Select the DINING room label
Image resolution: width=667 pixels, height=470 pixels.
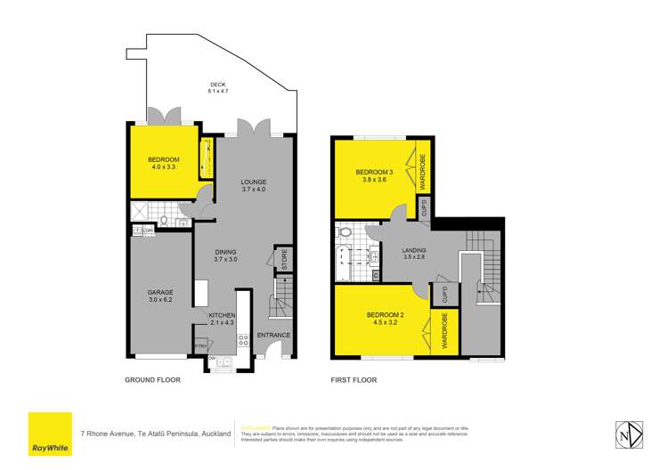click(x=224, y=253)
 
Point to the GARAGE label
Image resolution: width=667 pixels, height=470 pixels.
click(x=160, y=292)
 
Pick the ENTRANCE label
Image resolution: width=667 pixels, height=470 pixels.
click(x=273, y=335)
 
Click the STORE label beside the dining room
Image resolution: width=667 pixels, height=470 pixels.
click(x=284, y=259)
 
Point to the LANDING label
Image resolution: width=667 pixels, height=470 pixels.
click(x=414, y=250)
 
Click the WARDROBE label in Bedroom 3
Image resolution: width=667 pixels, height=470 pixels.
click(x=423, y=170)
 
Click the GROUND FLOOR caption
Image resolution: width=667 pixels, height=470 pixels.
click(x=152, y=380)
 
